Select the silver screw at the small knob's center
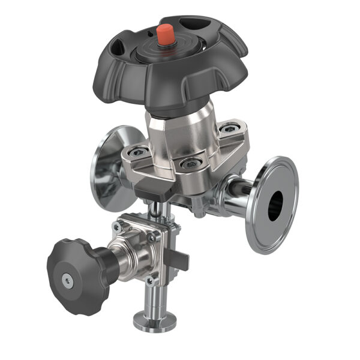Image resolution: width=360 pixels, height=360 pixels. tap(67, 277)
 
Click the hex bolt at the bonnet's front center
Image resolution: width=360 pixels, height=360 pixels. tap(190, 163)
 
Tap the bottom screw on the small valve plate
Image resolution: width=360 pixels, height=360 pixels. tap(152, 280)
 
